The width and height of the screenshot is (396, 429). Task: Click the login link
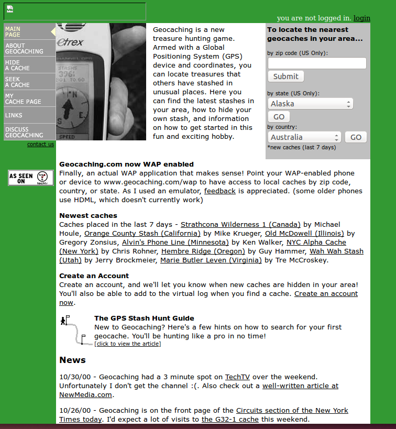pyautogui.click(x=361, y=18)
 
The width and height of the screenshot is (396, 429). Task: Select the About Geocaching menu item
pyautogui.click(x=24, y=49)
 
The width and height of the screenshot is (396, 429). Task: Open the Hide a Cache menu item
pyautogui.click(x=17, y=65)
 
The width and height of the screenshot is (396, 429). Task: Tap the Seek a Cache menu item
pyautogui.click(x=17, y=82)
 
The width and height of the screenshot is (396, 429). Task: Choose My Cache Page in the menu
pyautogui.click(x=23, y=99)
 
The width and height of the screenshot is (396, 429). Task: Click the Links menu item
pyautogui.click(x=14, y=115)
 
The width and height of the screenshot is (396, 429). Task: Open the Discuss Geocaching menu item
pyautogui.click(x=24, y=132)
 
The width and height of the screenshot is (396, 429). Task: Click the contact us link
pyautogui.click(x=40, y=145)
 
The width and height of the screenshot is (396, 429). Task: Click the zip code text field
pyautogui.click(x=317, y=63)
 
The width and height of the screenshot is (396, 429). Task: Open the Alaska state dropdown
pyautogui.click(x=310, y=104)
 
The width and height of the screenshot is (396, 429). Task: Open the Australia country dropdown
pyautogui.click(x=304, y=137)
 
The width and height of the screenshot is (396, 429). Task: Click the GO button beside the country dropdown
pyautogui.click(x=356, y=137)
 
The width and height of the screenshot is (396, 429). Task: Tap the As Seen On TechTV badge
pyautogui.click(x=31, y=178)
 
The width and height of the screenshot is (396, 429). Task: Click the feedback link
pyautogui.click(x=219, y=191)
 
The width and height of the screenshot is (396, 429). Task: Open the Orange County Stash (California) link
pyautogui.click(x=142, y=234)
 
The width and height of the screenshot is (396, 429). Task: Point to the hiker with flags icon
pyautogui.click(x=73, y=329)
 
